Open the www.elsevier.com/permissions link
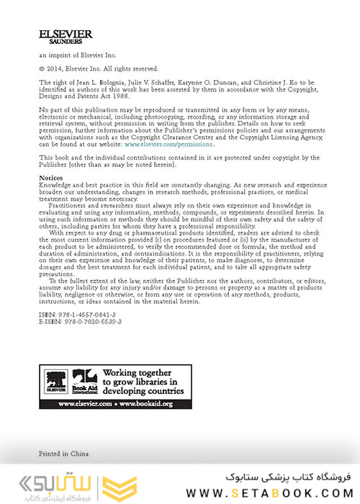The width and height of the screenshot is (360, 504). pos(169,144)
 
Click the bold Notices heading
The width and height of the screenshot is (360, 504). pos(51,176)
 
